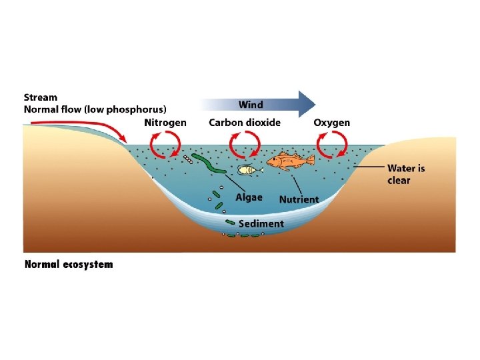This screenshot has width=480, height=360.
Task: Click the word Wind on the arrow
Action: (x=251, y=105)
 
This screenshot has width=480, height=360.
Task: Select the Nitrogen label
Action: (x=165, y=123)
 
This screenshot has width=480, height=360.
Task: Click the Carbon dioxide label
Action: (x=245, y=123)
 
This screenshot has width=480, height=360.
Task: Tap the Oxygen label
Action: (x=331, y=123)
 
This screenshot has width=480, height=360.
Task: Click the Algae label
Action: (x=249, y=197)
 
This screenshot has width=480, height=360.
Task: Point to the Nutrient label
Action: (x=299, y=199)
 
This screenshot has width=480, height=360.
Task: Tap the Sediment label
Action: (x=261, y=224)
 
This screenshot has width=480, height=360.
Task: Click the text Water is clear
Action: (x=405, y=174)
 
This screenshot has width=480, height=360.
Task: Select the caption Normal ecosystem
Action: (x=69, y=264)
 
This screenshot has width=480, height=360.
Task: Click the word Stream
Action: (x=41, y=97)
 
